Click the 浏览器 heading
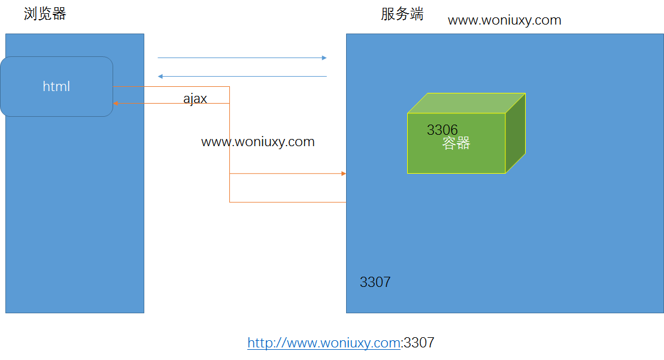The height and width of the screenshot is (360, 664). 45,14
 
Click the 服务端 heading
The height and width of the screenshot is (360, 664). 402,14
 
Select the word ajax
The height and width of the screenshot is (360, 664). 195,99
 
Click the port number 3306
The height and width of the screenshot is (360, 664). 442,130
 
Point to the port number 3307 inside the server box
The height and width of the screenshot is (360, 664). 375,282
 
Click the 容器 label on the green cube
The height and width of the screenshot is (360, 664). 456,143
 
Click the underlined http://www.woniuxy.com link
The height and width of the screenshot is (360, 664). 323,343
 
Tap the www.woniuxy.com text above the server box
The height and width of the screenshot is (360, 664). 504,20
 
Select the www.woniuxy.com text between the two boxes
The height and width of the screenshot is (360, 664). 257,142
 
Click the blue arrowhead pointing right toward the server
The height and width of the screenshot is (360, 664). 325,58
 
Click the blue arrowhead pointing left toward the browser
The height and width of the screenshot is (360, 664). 160,77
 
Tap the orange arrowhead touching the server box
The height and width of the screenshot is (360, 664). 344,174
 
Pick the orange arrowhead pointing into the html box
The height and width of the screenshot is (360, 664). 116,104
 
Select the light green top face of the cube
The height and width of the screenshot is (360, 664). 466,103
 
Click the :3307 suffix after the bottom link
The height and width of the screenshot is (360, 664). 418,343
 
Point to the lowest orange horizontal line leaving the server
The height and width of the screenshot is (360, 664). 287,202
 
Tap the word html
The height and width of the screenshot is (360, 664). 56,87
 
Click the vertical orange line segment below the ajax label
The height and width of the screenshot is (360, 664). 230,156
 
